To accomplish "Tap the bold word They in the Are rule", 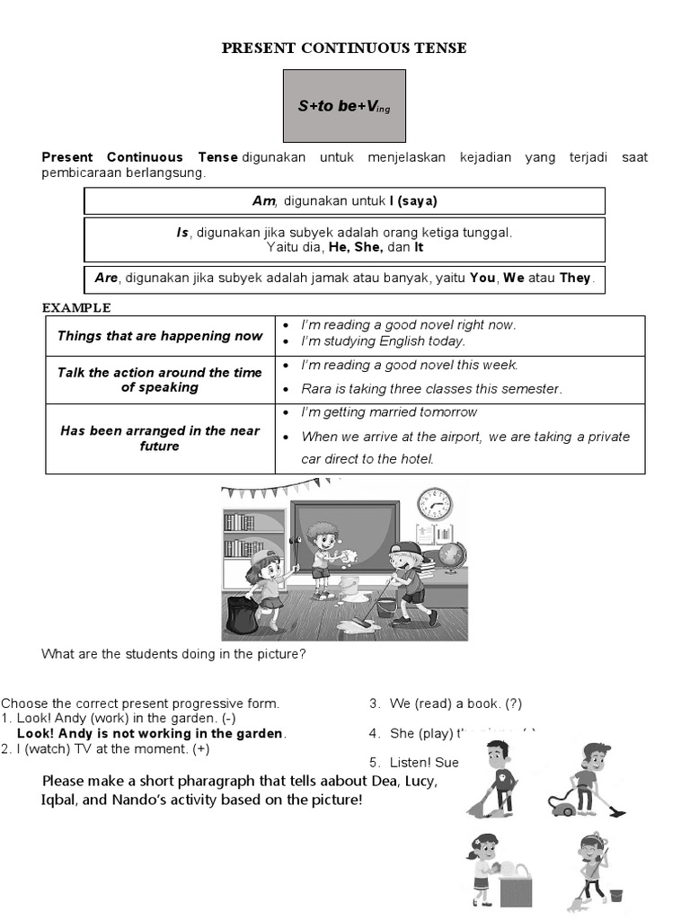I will [x=575, y=278].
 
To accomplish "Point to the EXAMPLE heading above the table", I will [x=76, y=307].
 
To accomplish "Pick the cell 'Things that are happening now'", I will [x=160, y=336].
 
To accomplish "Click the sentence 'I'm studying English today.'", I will [x=384, y=341].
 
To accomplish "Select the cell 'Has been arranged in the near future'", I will [x=160, y=438].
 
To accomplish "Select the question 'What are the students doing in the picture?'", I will [x=174, y=654].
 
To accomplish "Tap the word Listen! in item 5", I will [x=411, y=762].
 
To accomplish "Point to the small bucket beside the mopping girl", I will [x=615, y=896].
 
